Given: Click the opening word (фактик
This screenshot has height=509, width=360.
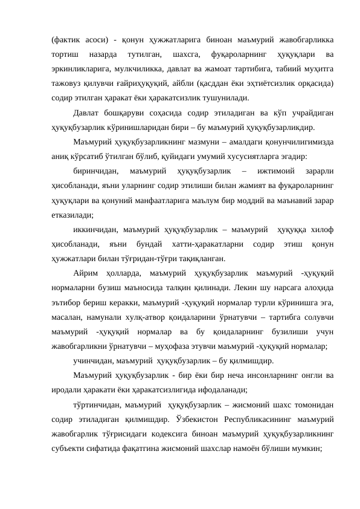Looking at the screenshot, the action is (x=66, y=34).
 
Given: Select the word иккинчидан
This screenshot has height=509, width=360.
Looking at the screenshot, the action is (x=95, y=230).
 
